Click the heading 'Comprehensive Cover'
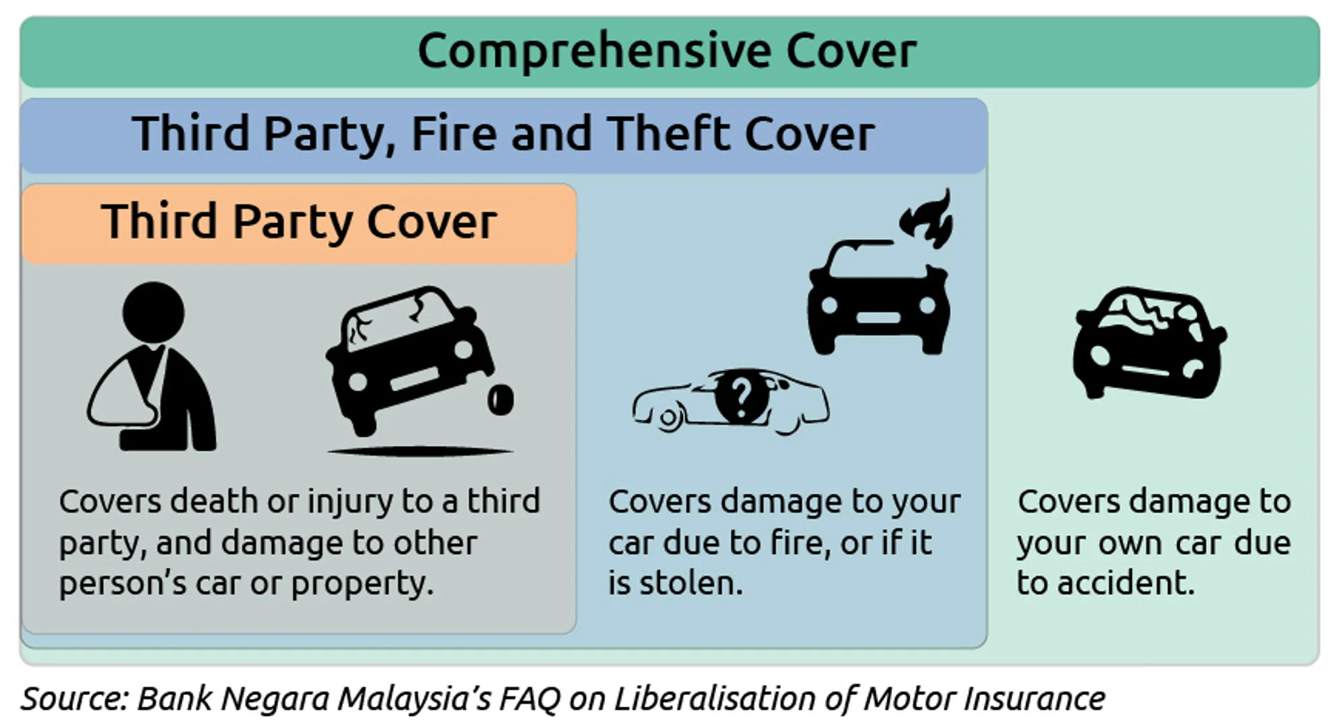point(667,51)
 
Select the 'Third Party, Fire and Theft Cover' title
point(503,134)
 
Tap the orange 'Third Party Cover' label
point(299,222)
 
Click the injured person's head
point(153,312)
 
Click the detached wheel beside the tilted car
point(501,399)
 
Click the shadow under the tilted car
point(420,451)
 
